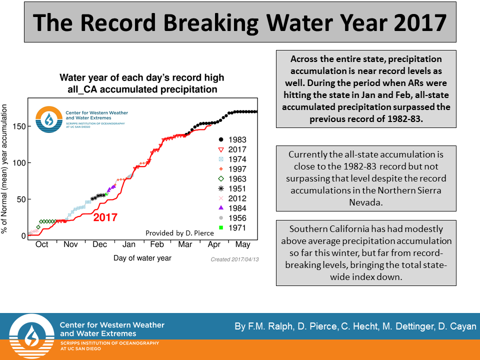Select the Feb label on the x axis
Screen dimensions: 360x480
(157, 244)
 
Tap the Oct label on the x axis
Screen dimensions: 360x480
(42, 244)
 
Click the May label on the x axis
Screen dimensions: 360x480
(242, 244)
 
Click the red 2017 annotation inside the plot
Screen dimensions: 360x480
(105, 217)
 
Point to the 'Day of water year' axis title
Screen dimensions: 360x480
(142, 258)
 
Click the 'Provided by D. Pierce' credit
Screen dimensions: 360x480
(178, 233)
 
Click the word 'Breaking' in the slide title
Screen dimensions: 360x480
(208, 22)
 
